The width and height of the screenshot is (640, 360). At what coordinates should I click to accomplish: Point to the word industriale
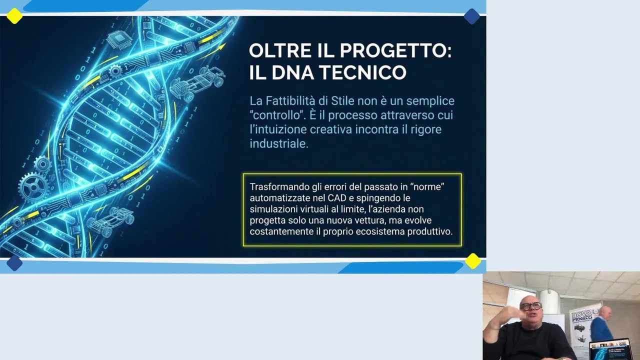(279, 143)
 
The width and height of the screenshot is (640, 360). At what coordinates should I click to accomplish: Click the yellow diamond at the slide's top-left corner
(14, 16)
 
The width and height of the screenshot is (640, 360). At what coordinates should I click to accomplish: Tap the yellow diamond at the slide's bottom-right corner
(473, 261)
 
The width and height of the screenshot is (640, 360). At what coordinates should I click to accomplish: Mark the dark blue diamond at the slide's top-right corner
(471, 16)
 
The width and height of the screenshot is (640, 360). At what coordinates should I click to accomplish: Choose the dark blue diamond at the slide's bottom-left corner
(14, 263)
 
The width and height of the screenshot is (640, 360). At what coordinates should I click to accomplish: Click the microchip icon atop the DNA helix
(119, 39)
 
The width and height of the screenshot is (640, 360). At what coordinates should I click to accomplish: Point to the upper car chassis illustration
(197, 83)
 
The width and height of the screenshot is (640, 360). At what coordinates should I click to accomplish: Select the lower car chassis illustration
(110, 221)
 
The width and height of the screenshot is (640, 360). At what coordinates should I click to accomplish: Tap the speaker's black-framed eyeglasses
(530, 306)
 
